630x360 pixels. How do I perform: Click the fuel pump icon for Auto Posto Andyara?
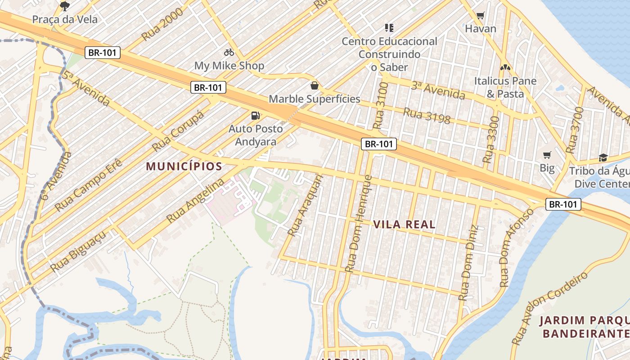(256, 116)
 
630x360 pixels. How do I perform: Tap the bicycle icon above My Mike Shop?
(229, 52)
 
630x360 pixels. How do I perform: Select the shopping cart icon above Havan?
(480, 16)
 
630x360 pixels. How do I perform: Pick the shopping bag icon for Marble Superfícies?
(315, 85)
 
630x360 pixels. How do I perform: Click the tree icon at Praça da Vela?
(65, 6)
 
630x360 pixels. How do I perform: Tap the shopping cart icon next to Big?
(547, 155)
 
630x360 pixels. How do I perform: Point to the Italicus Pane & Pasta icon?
(505, 68)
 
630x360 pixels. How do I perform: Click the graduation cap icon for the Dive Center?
(603, 157)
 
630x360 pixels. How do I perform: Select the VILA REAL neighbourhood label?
(404, 225)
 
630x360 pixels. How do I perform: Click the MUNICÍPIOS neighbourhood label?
(184, 166)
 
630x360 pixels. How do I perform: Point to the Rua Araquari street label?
(306, 206)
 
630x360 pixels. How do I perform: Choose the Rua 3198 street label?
(427, 116)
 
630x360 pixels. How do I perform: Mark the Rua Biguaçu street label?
(79, 252)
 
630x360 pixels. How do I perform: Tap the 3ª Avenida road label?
(437, 90)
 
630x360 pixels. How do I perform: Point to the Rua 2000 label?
(162, 24)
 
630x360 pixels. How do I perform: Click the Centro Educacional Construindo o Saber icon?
(389, 28)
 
